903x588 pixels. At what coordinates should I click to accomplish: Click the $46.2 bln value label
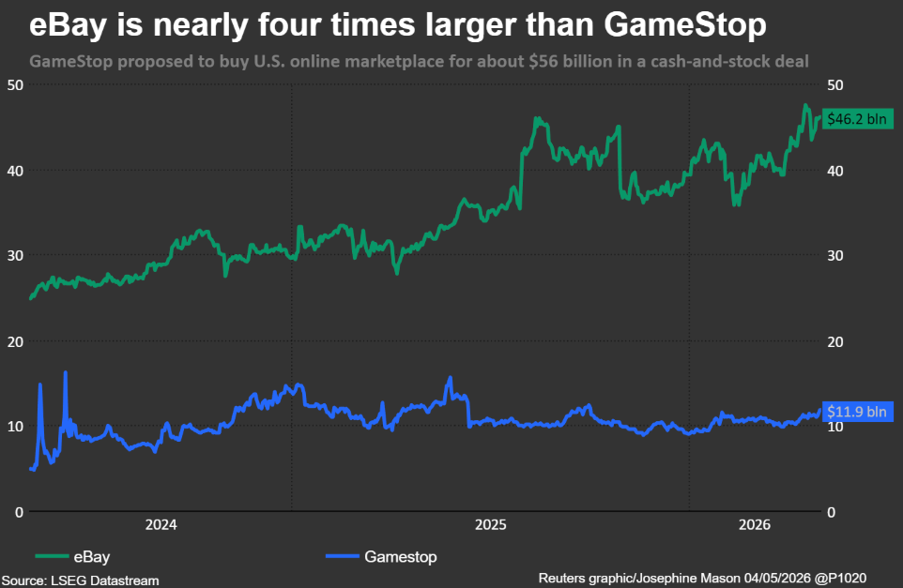click(857, 118)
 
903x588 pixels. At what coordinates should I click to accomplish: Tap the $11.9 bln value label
click(857, 412)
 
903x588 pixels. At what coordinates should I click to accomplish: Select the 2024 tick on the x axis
click(161, 524)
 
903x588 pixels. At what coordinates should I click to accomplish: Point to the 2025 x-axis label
click(491, 524)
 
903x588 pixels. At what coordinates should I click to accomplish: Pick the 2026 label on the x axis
click(755, 524)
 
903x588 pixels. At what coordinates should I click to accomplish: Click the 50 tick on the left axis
click(16, 85)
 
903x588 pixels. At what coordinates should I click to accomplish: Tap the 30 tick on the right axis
click(835, 255)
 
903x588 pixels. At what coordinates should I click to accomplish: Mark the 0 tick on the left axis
click(19, 512)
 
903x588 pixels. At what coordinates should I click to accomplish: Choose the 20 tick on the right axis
click(835, 341)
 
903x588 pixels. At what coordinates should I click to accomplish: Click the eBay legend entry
click(72, 556)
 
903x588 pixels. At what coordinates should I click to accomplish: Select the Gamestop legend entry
click(381, 556)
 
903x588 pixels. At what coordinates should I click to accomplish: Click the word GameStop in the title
click(685, 24)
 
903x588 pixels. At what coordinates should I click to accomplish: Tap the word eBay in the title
click(68, 24)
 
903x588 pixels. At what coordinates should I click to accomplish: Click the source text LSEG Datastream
click(105, 580)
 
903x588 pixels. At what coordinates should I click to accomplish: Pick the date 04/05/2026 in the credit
click(777, 578)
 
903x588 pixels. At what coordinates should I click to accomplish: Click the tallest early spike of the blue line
click(65, 373)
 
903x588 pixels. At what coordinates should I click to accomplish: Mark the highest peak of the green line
click(805, 105)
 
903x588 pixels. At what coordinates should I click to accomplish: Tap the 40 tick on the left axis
click(16, 171)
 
